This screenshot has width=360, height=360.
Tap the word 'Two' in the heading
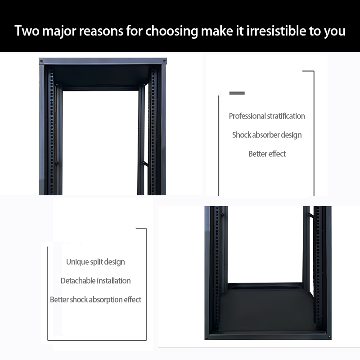[x=27, y=31]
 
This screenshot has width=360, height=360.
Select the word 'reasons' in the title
[x=101, y=31]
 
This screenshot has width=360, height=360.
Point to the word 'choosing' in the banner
[x=171, y=31]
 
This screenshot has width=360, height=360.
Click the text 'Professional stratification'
[x=267, y=116]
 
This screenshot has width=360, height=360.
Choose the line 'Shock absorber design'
[x=267, y=135]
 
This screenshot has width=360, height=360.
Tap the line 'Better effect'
[x=267, y=153]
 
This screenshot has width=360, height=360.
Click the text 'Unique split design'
[x=95, y=262]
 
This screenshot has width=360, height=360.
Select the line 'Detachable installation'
[x=95, y=280]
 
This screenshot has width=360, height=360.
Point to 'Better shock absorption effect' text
[x=95, y=300]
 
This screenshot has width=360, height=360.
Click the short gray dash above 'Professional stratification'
[x=237, y=93]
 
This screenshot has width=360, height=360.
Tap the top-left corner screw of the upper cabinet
[x=41, y=61]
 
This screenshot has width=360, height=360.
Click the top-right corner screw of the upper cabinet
[x=164, y=61]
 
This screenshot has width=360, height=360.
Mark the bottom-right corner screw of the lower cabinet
[x=329, y=337]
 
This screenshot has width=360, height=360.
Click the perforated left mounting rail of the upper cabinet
[x=51, y=132]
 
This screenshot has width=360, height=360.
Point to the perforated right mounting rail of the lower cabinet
[x=318, y=266]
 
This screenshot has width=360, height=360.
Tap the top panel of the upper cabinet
[x=103, y=61]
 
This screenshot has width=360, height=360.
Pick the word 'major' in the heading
[x=59, y=31]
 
